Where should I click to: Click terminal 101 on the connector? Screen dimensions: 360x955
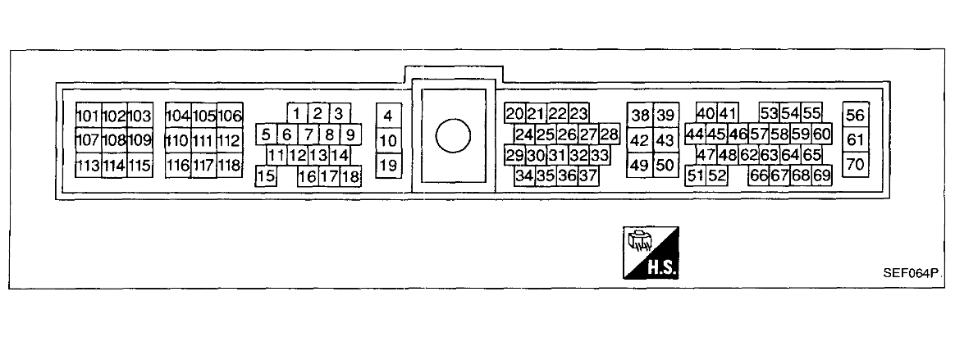tap(88, 116)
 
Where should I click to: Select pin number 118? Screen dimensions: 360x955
tap(230, 166)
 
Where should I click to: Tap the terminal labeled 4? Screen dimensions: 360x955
tap(387, 116)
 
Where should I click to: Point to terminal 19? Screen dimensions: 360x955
tap(387, 166)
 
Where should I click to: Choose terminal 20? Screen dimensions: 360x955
tap(515, 114)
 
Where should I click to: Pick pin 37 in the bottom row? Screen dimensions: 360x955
tap(587, 175)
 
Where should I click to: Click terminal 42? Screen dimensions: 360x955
tap(639, 140)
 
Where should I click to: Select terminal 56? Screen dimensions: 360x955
tap(856, 116)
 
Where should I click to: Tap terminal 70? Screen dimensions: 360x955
tap(856, 164)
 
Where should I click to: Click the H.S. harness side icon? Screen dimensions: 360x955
tap(652, 251)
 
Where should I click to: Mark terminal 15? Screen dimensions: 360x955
tap(266, 175)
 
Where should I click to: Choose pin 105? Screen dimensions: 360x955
tap(204, 116)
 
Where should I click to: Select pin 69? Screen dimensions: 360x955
tap(821, 175)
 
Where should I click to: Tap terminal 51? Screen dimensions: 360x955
tap(696, 175)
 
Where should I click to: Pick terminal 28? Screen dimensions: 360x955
tap(609, 134)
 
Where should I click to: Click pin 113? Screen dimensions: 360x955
tap(88, 166)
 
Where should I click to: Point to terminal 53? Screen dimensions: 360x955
tap(769, 114)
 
